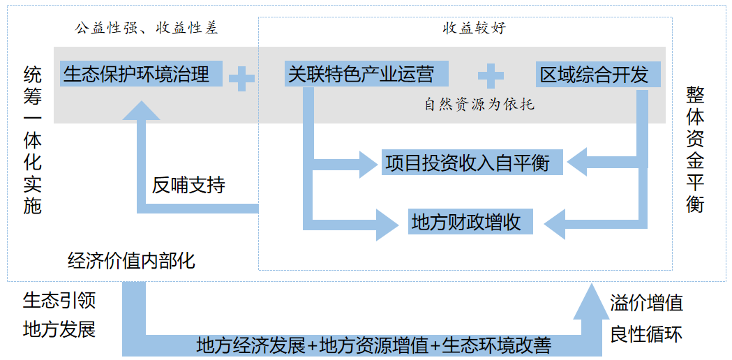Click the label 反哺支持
click(188, 186)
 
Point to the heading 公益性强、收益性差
click(146, 28)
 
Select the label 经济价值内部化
click(131, 261)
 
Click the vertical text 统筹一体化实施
click(32, 139)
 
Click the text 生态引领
click(59, 301)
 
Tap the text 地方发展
click(59, 329)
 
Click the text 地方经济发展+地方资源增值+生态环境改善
click(374, 345)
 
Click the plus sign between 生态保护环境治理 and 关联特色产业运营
click(241, 78)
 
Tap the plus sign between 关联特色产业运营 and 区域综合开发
click(490, 76)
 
